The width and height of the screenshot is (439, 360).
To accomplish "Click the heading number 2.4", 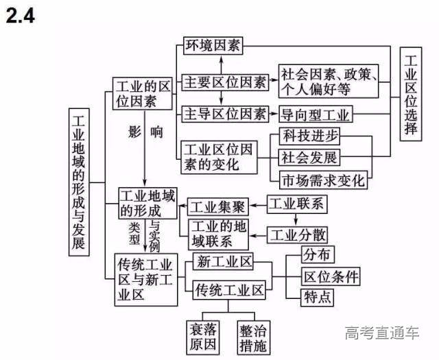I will click(21, 16).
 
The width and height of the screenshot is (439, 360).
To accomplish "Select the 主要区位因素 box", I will click(225, 82).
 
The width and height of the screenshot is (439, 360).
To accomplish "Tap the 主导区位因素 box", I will click(225, 113).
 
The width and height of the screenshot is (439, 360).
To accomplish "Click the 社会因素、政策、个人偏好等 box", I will click(329, 82).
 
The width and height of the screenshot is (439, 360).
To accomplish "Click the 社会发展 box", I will click(309, 158).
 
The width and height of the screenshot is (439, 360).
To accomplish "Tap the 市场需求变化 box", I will click(323, 181).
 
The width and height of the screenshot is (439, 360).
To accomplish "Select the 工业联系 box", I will click(296, 204).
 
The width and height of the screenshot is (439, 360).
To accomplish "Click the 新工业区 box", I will click(225, 262).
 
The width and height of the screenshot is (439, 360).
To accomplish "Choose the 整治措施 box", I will click(253, 337).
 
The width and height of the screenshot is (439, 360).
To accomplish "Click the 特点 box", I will click(317, 297).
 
